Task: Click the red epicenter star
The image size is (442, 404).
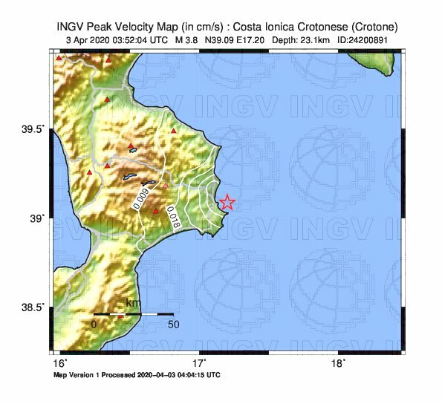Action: click(x=227, y=202)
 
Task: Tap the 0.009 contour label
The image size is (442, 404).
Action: click(x=140, y=197)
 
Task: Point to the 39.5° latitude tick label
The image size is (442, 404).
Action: click(x=34, y=129)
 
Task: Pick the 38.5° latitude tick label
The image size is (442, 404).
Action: click(x=34, y=307)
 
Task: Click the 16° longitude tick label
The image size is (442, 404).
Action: click(x=60, y=364)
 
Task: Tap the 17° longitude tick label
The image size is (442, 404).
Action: click(x=199, y=364)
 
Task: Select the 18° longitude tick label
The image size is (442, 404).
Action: click(x=337, y=364)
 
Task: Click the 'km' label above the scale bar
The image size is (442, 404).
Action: click(x=132, y=304)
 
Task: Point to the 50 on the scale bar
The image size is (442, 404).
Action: click(x=173, y=325)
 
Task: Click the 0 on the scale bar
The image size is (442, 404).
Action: click(x=94, y=325)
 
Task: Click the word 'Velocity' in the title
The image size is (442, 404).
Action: click(x=130, y=26)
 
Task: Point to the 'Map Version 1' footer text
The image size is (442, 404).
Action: click(x=78, y=375)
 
